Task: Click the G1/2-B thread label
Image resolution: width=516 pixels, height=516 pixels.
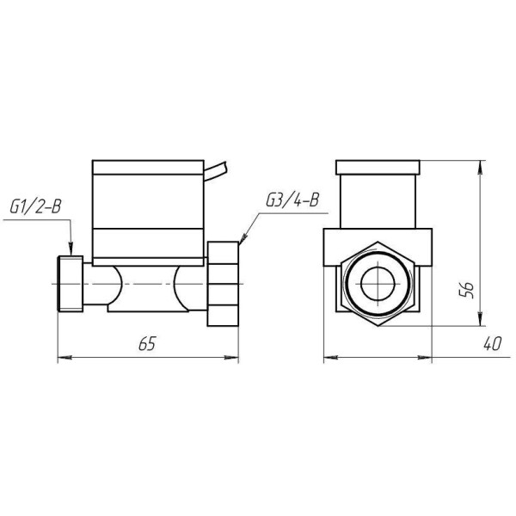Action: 35,206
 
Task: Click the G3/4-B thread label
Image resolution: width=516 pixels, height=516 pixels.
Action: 292,200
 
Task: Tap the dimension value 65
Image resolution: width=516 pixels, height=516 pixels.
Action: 147,344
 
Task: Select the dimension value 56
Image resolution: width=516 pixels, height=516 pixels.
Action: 467,290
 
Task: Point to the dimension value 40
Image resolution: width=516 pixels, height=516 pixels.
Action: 492,343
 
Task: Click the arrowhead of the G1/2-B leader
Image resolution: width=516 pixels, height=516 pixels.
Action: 71,249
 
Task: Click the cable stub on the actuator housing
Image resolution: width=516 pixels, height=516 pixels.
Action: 216,170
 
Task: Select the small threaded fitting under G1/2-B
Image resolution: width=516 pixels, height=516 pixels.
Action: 71,283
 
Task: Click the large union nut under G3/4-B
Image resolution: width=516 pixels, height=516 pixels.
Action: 223,284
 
